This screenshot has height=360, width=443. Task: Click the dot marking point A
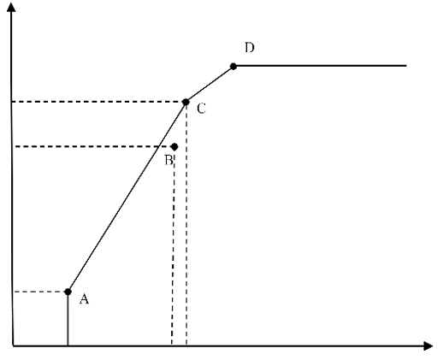coord(68,292)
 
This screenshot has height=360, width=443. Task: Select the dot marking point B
coord(174,147)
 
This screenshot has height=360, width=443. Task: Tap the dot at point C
coord(186,102)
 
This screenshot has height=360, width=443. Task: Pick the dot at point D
coord(233,67)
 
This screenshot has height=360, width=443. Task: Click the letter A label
coord(84,299)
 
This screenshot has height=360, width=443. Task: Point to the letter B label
coord(168,160)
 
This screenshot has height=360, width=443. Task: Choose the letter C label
coord(202,109)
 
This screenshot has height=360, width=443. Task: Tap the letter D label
coord(250,48)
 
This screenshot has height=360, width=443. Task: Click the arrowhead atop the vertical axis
coord(11,7)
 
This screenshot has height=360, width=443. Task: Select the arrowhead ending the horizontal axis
coord(428,346)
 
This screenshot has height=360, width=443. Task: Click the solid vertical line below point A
coord(68,319)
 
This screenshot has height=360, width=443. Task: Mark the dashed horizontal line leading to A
coord(40,292)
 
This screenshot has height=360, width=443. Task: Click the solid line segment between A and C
coord(127,197)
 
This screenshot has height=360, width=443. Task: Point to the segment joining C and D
coord(210,84)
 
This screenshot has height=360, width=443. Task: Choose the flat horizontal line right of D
coord(320,66)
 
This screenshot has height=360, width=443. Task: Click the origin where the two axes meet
coord(13,345)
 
